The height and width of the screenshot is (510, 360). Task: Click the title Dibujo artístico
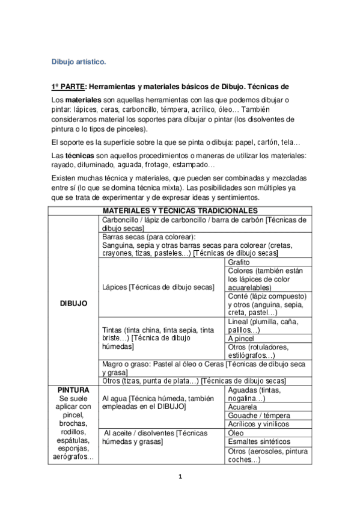(x=79, y=61)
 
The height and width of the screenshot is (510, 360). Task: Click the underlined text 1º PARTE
(x=69, y=87)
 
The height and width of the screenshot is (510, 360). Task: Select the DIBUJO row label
(x=74, y=303)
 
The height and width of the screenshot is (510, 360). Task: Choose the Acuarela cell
(x=243, y=407)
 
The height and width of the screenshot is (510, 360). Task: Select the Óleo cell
(x=236, y=433)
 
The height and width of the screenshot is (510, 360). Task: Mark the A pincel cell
(x=242, y=338)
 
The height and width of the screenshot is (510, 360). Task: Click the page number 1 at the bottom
(x=180, y=477)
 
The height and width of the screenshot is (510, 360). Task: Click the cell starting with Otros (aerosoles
(x=267, y=455)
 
